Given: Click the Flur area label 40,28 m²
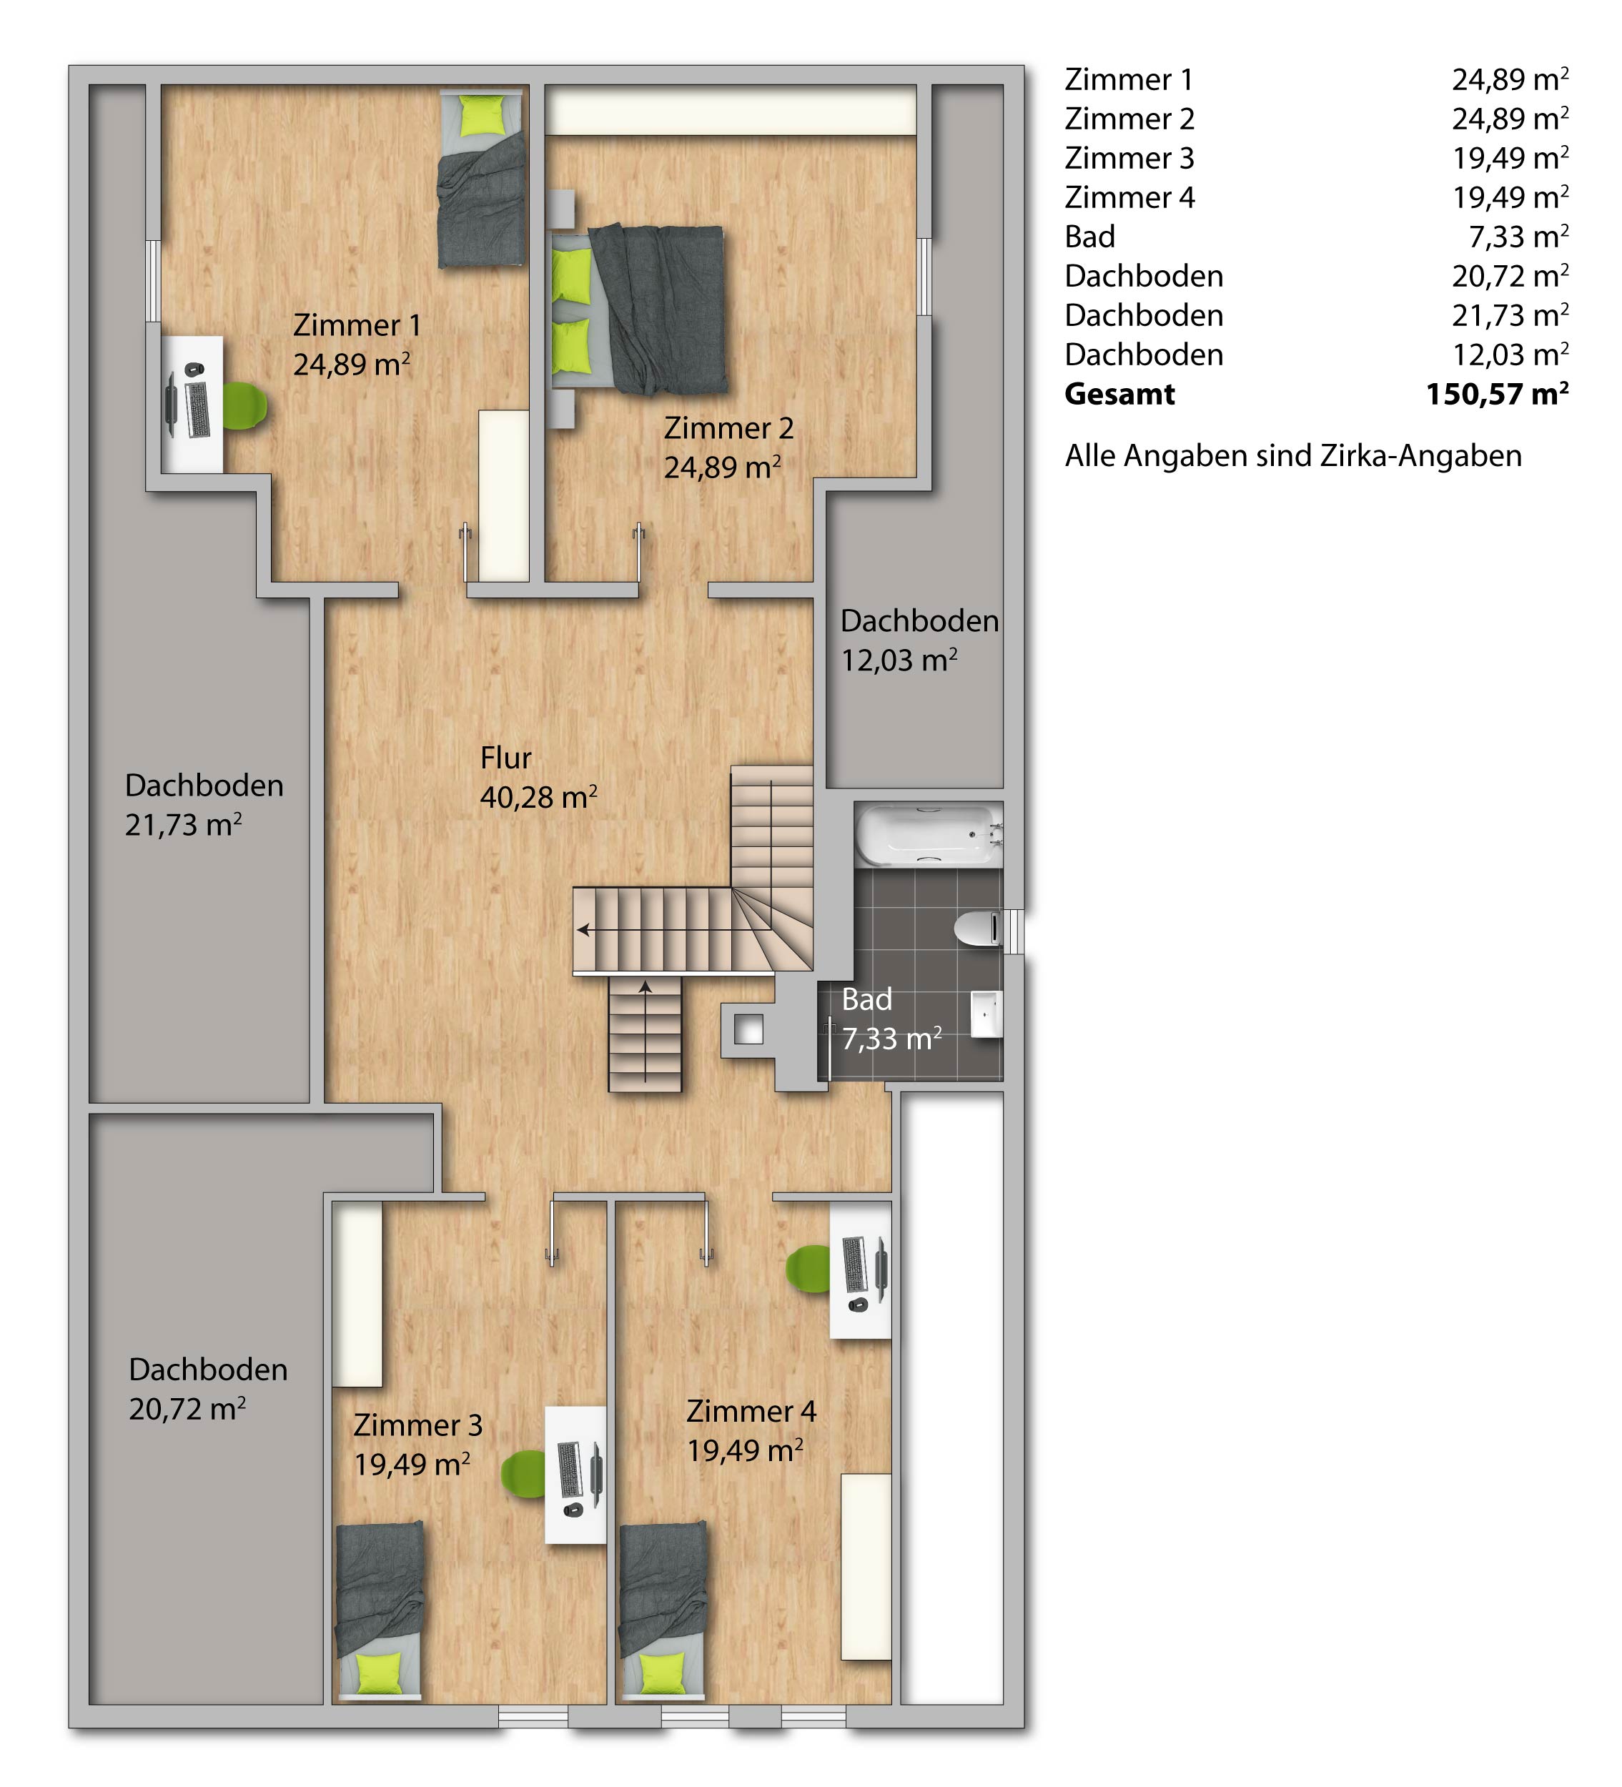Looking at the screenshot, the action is tap(538, 797).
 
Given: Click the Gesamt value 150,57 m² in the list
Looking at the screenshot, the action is tap(1497, 394).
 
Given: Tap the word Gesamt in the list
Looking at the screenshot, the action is tap(1119, 394).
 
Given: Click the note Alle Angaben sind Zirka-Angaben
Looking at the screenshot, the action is tap(1293, 455).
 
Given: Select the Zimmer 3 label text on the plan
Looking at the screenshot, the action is tap(418, 1425).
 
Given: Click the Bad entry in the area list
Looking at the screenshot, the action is tap(1090, 237).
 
